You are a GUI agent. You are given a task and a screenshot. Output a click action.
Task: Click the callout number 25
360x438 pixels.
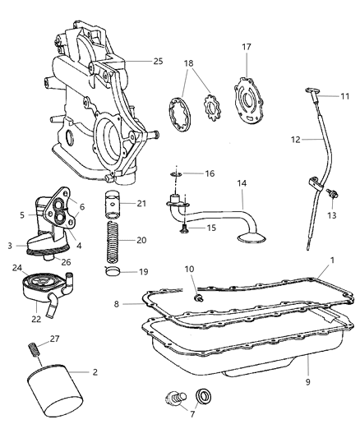158,61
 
